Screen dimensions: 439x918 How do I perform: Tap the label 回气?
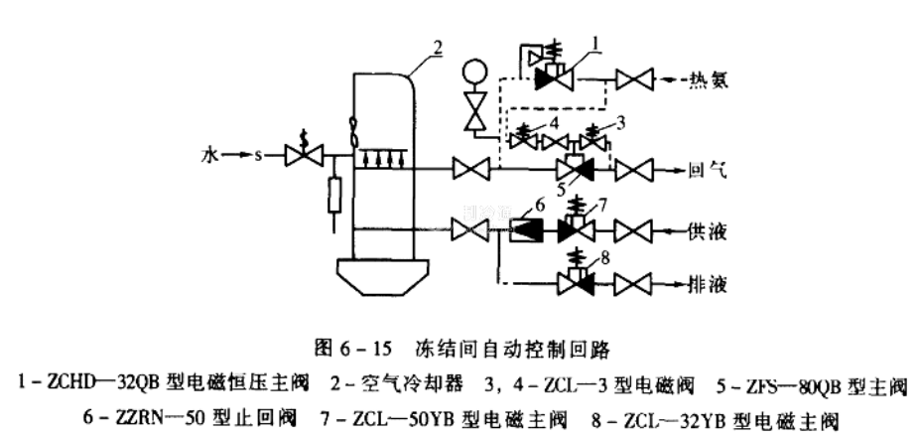coord(708,170)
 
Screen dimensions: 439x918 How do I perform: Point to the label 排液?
coord(708,283)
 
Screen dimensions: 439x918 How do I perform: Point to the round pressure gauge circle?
coord(476,73)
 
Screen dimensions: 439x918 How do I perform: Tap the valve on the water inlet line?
coord(299,156)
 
